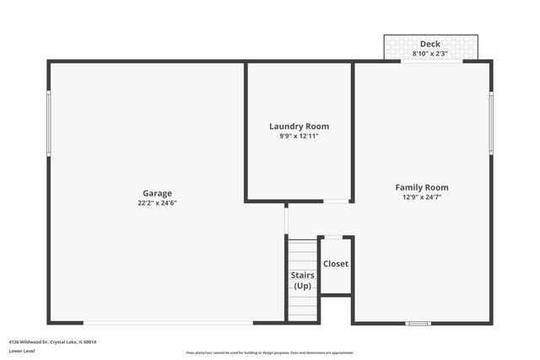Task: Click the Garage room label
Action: click(x=157, y=192)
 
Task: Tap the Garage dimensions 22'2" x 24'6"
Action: click(x=157, y=202)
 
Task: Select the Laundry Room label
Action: click(x=300, y=126)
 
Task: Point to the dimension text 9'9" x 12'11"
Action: click(x=300, y=136)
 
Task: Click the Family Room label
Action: click(x=422, y=187)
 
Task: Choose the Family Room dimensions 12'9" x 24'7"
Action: click(x=422, y=197)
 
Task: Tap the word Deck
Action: click(x=430, y=44)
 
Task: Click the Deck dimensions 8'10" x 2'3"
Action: click(x=430, y=53)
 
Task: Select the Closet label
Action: click(x=336, y=264)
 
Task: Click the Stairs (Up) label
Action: click(x=302, y=281)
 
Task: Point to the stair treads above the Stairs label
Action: click(x=302, y=253)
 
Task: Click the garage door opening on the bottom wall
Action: click(x=169, y=322)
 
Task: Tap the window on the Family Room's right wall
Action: click(x=491, y=122)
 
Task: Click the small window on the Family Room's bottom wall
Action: click(x=418, y=322)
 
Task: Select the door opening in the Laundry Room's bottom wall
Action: click(x=337, y=201)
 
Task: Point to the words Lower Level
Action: click(x=21, y=351)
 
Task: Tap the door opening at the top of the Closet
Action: click(x=335, y=238)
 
